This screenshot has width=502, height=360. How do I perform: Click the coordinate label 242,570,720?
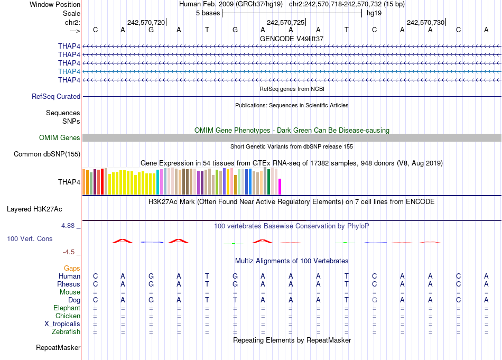click(x=146, y=22)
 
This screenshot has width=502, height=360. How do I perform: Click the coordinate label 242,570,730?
click(x=425, y=22)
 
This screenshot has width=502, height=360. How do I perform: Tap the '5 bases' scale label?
click(x=206, y=13)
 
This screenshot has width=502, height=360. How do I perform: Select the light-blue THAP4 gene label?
click(x=69, y=71)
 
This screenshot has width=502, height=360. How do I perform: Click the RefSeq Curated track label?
click(x=56, y=97)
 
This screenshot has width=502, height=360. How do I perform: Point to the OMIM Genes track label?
click(x=60, y=138)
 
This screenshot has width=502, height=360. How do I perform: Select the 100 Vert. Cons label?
click(x=30, y=239)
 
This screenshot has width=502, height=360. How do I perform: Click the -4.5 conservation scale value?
click(x=70, y=252)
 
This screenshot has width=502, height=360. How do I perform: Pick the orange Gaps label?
click(x=72, y=269)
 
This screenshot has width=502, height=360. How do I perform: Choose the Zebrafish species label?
click(x=66, y=332)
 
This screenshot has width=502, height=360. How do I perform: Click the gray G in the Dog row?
click(x=375, y=300)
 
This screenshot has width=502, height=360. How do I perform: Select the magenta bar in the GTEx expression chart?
click(x=280, y=187)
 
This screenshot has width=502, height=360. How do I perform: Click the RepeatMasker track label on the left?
click(x=58, y=348)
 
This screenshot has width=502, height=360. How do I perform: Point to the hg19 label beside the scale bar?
click(x=374, y=13)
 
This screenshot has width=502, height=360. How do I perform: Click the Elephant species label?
click(x=67, y=308)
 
